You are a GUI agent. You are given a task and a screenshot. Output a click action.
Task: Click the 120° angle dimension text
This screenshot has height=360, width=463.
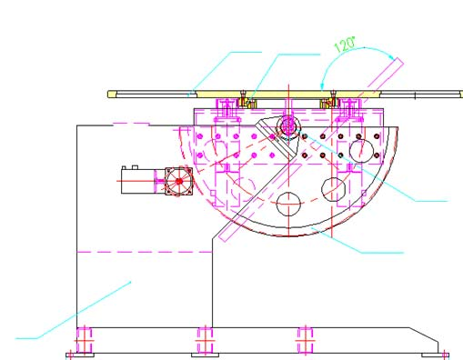click(x=345, y=45)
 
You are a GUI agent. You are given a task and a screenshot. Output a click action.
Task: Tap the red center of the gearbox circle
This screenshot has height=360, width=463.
click(x=179, y=181)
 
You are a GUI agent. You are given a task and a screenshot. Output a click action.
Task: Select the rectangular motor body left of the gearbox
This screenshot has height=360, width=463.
click(x=138, y=181)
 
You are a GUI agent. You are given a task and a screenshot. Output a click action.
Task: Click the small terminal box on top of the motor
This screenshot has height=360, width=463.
click(x=135, y=167)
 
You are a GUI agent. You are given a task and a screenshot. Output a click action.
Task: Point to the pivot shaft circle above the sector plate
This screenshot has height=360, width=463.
click(x=288, y=125)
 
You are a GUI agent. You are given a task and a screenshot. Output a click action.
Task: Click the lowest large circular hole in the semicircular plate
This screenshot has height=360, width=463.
click(x=288, y=204)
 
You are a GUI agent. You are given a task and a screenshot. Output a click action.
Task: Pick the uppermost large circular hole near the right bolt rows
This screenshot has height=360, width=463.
click(x=361, y=151)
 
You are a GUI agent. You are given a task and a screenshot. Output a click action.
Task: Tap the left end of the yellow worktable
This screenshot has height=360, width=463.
click(x=108, y=95)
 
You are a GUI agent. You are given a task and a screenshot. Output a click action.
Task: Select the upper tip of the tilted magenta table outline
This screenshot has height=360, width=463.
click(x=399, y=60)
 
